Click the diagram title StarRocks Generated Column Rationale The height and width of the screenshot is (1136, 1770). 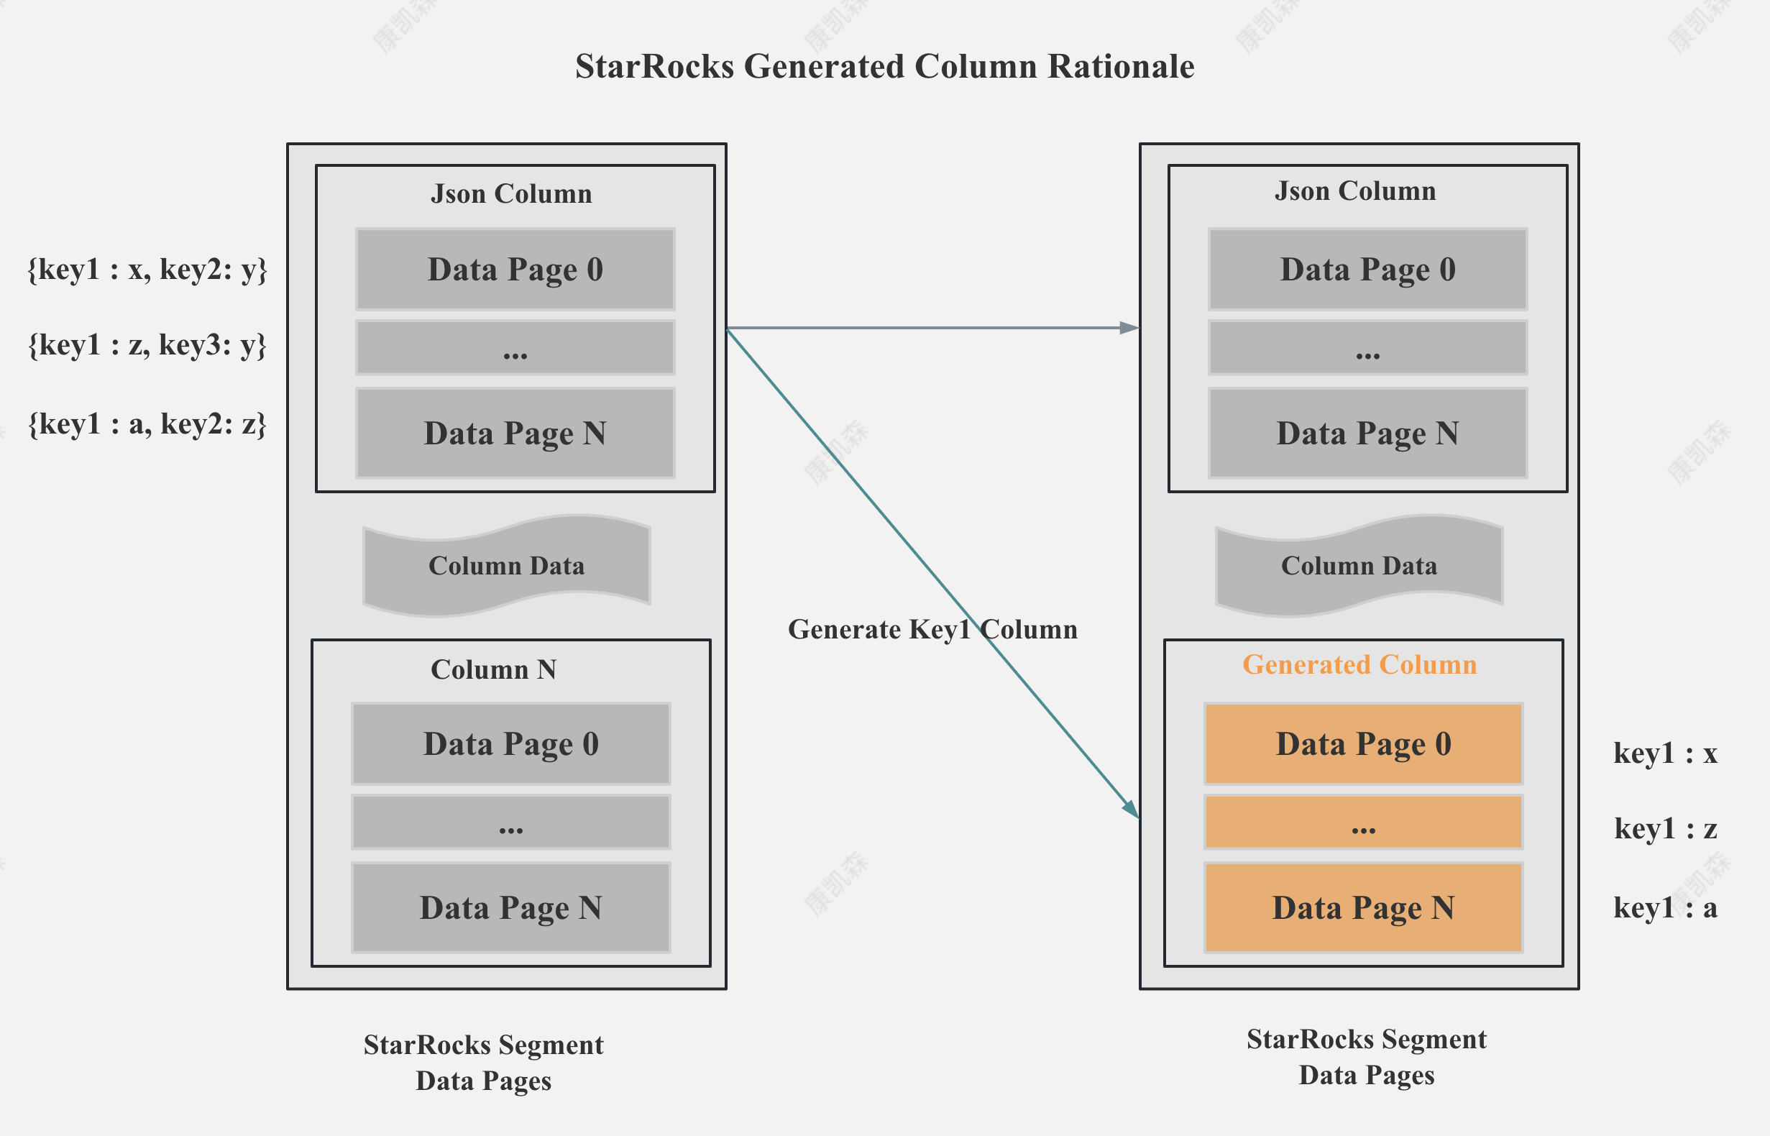click(884, 66)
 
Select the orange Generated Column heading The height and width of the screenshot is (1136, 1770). click(1359, 664)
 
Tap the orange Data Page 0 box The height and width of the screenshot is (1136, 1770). click(1363, 743)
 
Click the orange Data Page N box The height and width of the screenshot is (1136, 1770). click(1363, 907)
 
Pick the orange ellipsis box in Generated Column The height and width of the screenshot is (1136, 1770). click(1363, 822)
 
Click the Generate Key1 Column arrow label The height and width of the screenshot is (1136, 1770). click(932, 629)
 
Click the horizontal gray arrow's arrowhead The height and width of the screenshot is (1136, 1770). click(1129, 328)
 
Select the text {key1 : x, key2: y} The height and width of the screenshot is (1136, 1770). click(147, 269)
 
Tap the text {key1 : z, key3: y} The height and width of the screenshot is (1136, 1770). click(147, 344)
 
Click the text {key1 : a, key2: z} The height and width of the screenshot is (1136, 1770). click(147, 424)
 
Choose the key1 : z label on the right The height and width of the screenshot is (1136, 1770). click(1665, 828)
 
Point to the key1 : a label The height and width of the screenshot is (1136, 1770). click(1665, 907)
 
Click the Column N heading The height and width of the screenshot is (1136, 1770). click(492, 670)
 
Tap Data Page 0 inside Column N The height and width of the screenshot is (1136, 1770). click(510, 743)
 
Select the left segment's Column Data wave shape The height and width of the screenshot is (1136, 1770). click(506, 566)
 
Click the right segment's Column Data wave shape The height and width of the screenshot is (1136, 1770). click(1359, 566)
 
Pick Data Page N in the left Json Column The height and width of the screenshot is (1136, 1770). click(515, 433)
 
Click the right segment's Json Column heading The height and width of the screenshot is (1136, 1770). click(1354, 191)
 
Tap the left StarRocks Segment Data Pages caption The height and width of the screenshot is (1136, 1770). click(483, 1062)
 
